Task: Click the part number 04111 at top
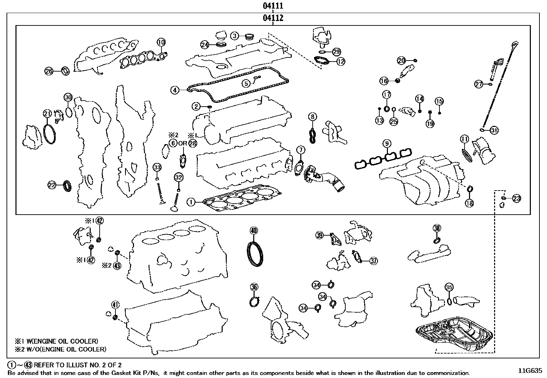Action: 273,6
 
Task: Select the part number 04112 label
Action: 273,18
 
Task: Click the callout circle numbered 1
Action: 191,202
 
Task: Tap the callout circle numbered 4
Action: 175,90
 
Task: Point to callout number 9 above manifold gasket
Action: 387,143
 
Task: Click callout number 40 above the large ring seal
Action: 253,230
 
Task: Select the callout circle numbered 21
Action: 47,114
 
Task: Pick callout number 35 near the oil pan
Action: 449,287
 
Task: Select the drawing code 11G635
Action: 530,371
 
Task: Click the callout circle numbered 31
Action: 494,130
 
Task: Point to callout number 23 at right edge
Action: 516,198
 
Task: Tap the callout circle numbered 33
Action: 157,168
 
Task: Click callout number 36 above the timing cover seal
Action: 254,287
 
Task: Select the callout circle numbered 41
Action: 115,304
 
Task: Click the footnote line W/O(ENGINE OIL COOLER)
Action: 60,349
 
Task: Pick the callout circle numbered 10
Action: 161,42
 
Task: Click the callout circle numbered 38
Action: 437,228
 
